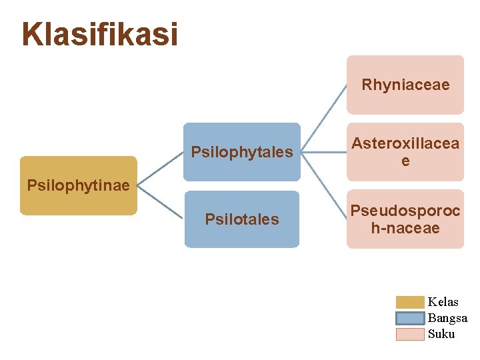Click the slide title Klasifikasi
100,34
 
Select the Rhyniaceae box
405,85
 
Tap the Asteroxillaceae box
405,152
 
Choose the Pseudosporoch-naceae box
405,219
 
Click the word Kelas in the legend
443,302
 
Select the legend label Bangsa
447,318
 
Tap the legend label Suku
441,334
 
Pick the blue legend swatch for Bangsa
410,318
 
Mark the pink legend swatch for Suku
410,334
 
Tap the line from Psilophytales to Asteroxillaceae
323,152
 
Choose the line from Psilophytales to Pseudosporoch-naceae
323,186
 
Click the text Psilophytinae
78,185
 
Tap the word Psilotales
242,219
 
